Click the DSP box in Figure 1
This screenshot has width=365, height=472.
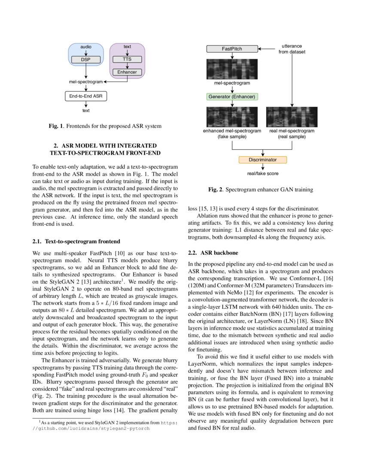click(85, 60)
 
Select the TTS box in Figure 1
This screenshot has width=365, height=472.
click(127, 60)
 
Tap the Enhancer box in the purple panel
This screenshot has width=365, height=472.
click(127, 72)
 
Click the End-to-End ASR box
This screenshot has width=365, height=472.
click(85, 97)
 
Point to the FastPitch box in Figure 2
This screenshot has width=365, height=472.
click(232, 49)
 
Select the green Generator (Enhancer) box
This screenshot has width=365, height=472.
click(232, 97)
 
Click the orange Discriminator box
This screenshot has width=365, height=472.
click(262, 160)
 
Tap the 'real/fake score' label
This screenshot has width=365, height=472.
click(262, 173)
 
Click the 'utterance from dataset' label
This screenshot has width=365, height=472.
click(292, 48)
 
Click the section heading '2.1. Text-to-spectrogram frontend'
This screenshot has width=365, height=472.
click(76, 241)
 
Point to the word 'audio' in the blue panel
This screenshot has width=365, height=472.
click(85, 46)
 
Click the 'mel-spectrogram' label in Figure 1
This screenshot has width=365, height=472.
click(85, 82)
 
